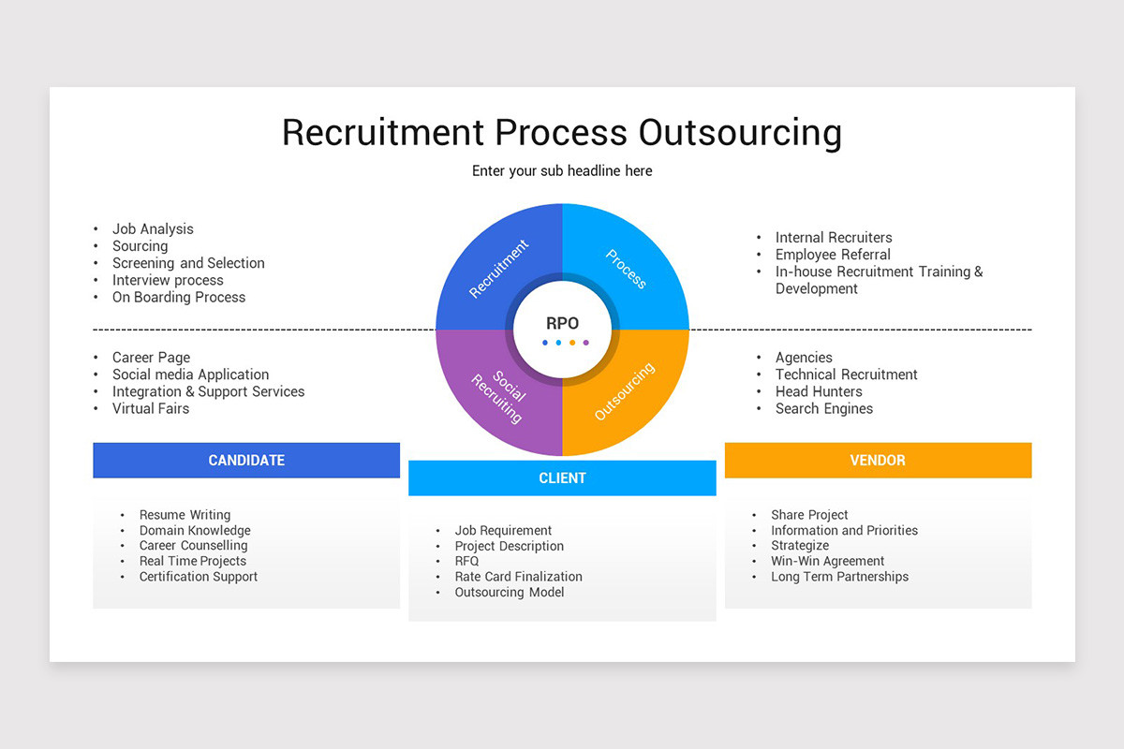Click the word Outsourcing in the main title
740,133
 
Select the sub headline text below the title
562,171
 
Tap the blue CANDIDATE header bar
246,461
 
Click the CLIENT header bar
562,478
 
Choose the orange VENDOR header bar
878,461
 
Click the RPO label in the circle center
562,323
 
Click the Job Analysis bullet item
153,229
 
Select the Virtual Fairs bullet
151,409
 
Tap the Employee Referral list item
833,255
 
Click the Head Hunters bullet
819,392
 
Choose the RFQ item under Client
466,562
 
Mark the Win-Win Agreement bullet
827,562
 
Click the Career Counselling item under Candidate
193,546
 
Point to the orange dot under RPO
572,343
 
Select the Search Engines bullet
824,409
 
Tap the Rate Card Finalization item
518,577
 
